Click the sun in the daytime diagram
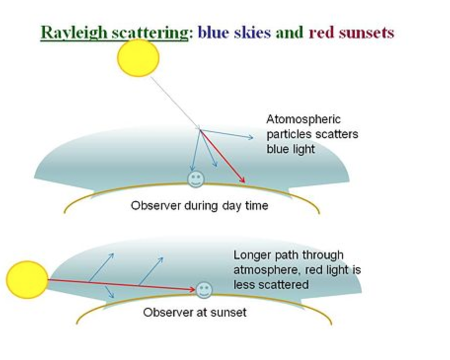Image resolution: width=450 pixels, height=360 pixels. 138,58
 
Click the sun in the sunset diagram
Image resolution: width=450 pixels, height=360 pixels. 27,280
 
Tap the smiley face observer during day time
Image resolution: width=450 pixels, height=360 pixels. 195,179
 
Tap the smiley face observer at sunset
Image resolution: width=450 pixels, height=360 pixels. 203,290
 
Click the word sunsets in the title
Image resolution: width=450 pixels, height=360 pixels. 366,33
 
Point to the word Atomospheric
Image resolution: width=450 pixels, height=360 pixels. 303,119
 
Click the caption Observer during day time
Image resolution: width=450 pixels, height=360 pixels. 199,206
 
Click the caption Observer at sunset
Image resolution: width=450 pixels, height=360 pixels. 194,312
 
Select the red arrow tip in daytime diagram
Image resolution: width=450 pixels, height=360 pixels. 244,181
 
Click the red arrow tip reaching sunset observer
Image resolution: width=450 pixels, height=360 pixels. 193,290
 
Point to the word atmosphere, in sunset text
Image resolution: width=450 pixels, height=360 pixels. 267,270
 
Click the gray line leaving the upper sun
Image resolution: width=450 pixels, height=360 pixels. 173,101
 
